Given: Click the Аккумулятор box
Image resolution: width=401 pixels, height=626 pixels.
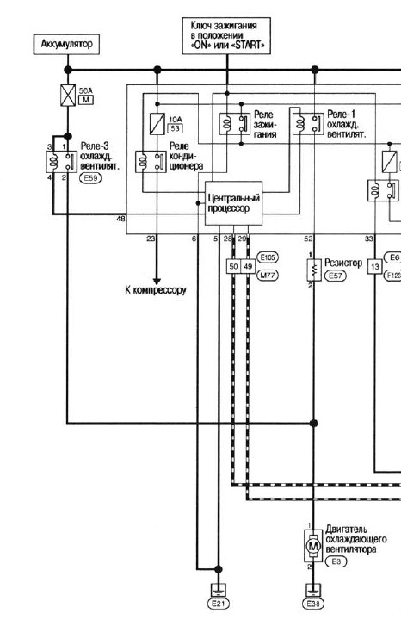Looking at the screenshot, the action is coord(66,44).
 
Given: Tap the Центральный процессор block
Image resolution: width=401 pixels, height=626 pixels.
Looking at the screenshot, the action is coord(233,203).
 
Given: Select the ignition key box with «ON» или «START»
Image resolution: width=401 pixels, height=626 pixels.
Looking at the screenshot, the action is coord(226,35).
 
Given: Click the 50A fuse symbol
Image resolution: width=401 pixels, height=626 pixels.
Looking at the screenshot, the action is coord(68,96).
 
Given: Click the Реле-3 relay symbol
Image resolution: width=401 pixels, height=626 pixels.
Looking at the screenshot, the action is coord(61,162).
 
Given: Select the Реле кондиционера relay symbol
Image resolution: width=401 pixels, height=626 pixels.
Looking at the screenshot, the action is coord(151,162).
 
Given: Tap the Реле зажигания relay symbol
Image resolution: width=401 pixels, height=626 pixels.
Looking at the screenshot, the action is coord(235,124).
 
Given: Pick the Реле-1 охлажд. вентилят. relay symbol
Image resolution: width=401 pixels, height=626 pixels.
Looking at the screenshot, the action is coord(307,124).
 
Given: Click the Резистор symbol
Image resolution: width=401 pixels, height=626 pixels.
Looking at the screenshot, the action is coord(314,270).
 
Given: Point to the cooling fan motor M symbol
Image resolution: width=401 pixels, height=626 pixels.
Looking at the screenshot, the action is coord(313,546).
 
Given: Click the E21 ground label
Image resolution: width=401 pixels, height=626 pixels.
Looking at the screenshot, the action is coord(219,604).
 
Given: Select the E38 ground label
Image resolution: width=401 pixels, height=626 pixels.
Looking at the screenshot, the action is coord(313,604).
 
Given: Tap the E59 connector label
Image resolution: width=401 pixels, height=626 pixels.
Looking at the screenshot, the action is coord(91,178).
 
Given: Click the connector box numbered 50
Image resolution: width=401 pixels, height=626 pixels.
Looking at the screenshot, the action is coord(233,266).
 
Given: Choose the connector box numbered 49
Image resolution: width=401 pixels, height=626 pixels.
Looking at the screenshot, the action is coord(248,266).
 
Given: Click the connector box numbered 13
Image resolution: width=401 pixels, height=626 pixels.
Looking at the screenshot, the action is coord(374,266).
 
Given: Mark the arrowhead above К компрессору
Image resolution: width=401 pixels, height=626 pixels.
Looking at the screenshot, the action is coord(157,281).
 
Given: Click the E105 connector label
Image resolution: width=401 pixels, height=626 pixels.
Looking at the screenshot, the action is coord(268,257).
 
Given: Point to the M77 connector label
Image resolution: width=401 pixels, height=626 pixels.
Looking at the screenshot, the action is coord(268,275).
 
